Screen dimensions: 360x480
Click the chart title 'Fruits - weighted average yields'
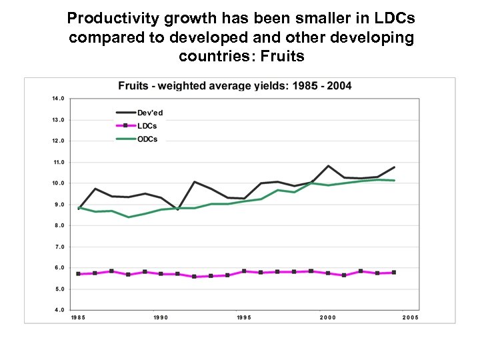[235, 85]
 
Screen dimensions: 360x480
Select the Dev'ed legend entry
[149, 113]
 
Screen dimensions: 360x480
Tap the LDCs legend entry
[148, 126]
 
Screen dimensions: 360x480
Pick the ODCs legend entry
[148, 139]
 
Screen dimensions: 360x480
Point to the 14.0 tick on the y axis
[58, 99]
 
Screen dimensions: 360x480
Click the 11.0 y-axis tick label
[58, 162]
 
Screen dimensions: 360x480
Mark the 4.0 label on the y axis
[58, 310]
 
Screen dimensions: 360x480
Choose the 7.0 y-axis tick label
[58, 247]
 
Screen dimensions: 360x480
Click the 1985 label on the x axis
[78, 318]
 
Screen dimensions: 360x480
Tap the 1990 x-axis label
[161, 318]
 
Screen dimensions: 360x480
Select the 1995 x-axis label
[244, 318]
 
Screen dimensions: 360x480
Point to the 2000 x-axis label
[327, 318]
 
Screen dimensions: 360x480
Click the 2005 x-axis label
[410, 318]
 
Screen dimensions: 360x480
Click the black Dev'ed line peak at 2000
[328, 166]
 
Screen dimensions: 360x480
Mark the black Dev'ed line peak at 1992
[195, 181]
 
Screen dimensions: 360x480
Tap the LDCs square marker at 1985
[79, 274]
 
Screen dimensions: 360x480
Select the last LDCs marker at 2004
[394, 273]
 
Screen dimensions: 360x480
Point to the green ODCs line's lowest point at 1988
[129, 217]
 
